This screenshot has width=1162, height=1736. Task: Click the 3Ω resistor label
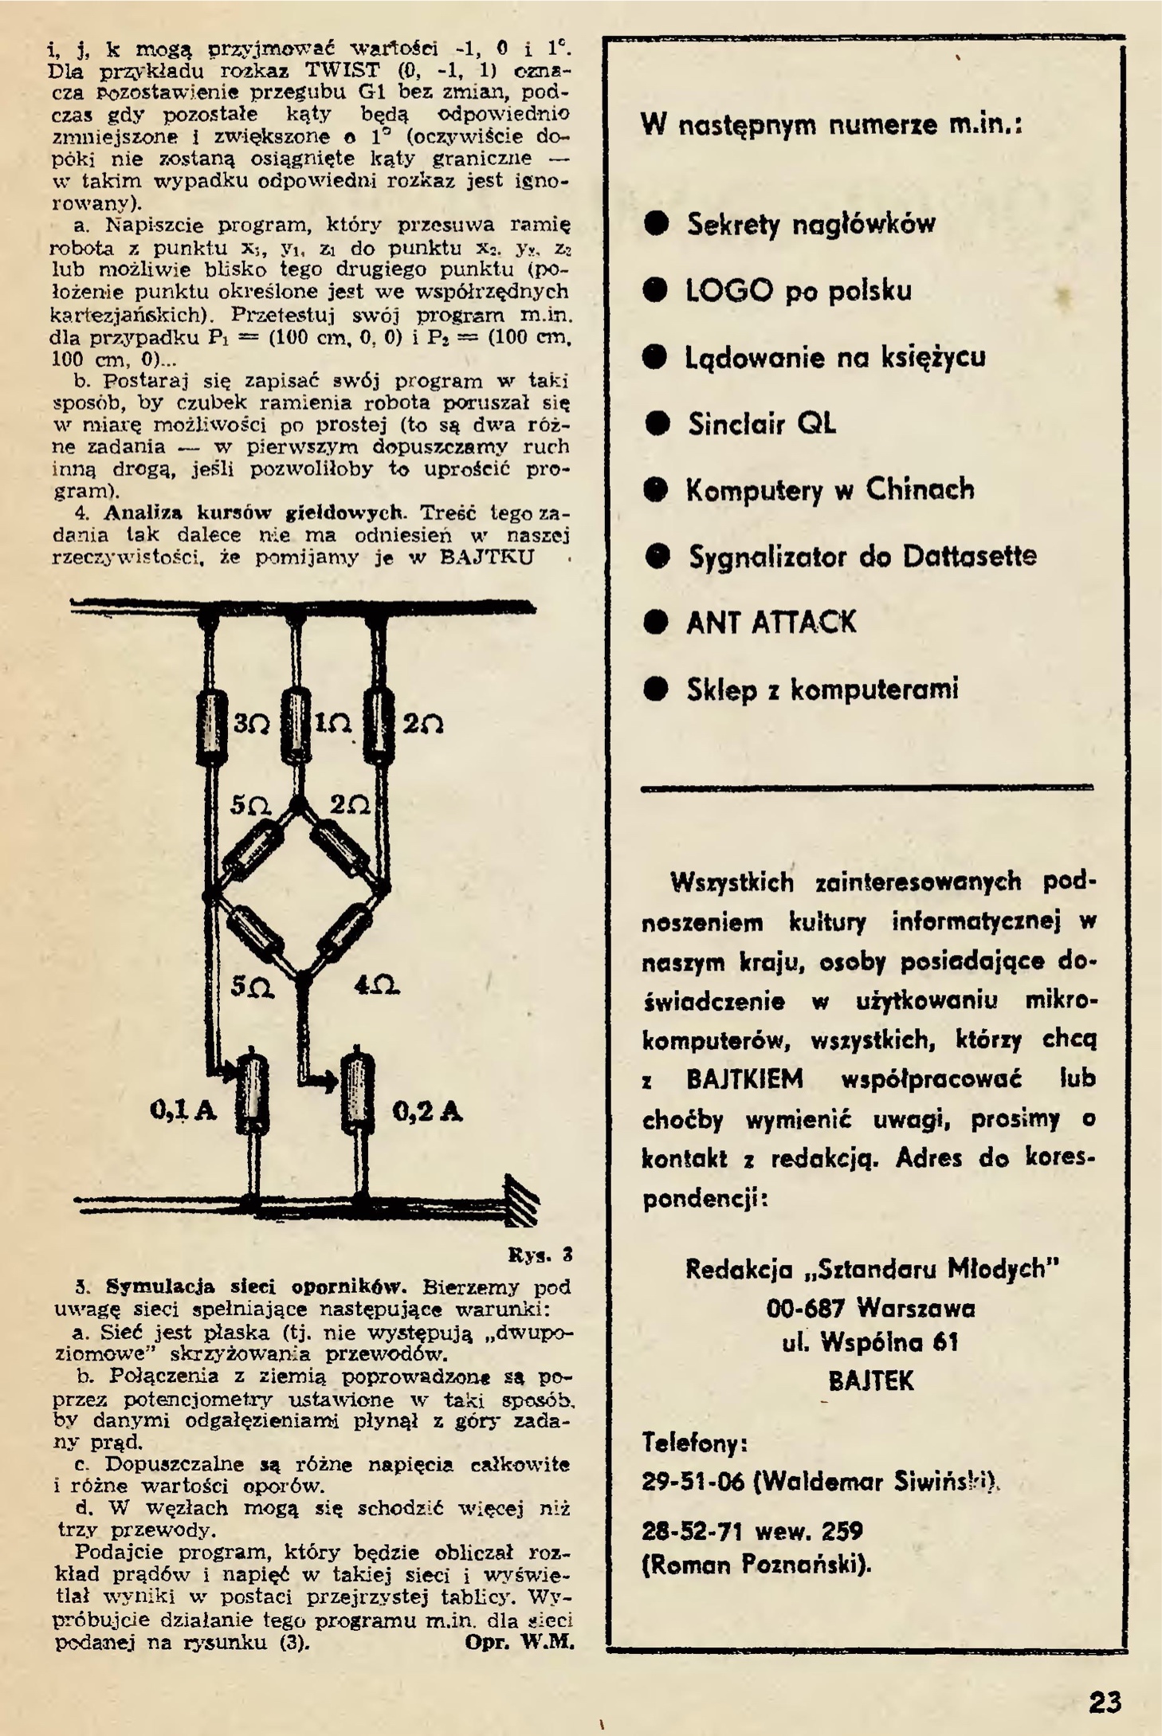tap(252, 724)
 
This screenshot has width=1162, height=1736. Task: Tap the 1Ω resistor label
tap(333, 724)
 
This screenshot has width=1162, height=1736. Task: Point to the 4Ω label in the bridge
tap(376, 986)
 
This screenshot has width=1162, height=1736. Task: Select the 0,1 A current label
tap(183, 1110)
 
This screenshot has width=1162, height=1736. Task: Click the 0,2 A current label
tap(428, 1111)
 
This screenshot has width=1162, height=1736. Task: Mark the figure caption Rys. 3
tap(541, 1256)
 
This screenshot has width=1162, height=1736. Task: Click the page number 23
tap(1105, 1702)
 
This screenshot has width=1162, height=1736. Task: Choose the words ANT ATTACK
tap(771, 623)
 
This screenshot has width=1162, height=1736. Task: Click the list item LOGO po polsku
tap(798, 291)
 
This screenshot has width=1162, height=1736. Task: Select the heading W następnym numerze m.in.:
tap(831, 125)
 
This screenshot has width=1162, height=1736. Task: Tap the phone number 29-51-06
tap(693, 1482)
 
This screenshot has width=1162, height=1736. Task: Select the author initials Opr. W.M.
tap(519, 1642)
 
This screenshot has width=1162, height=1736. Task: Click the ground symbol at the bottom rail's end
tap(521, 1200)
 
